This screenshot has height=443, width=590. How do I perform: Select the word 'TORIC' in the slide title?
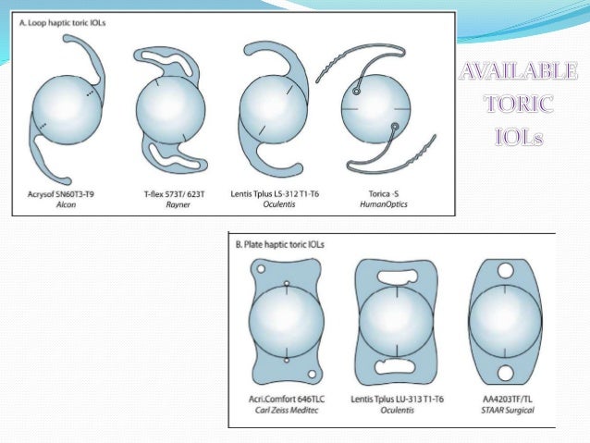[x=521, y=105]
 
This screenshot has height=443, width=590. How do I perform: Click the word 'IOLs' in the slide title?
[x=521, y=137]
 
